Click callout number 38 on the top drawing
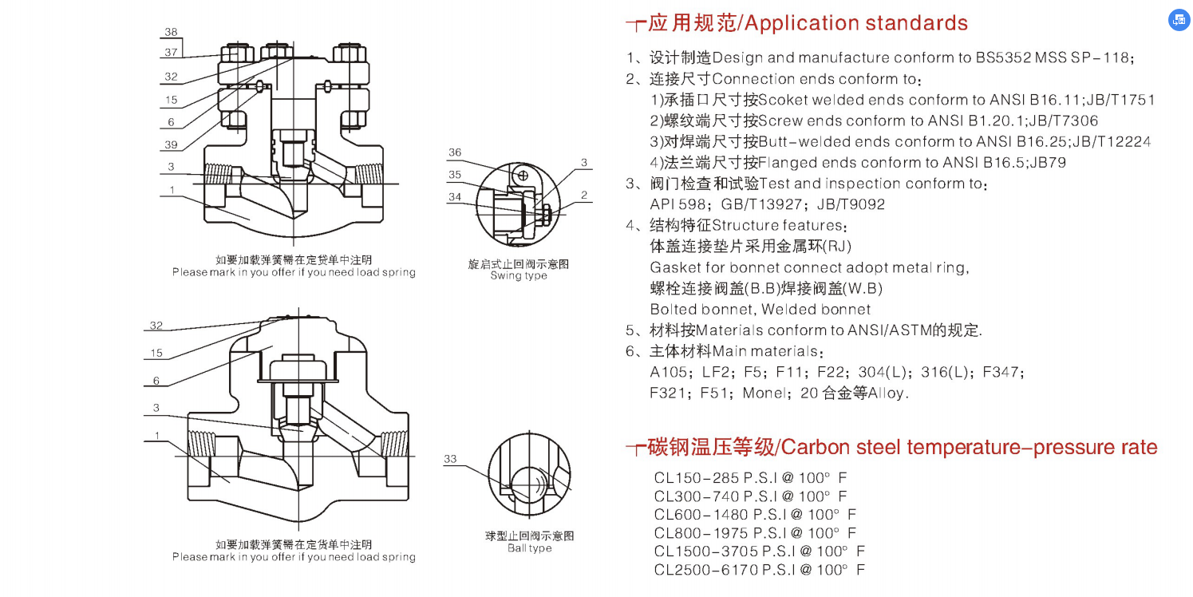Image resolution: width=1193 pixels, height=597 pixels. pyautogui.click(x=171, y=32)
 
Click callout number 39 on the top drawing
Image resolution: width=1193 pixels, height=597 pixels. pyautogui.click(x=171, y=144)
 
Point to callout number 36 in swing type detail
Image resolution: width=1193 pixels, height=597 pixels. pyautogui.click(x=454, y=152)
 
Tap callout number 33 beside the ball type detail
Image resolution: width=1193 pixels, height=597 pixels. pyautogui.click(x=450, y=459)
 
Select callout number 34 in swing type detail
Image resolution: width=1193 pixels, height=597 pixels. pyautogui.click(x=454, y=196)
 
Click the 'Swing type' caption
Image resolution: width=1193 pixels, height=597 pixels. pyautogui.click(x=519, y=276)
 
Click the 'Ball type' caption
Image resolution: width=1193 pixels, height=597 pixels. pyautogui.click(x=529, y=548)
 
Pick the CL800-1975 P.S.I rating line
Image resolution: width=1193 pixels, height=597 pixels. pyautogui.click(x=754, y=532)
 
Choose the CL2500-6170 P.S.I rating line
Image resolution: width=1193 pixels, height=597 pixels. pyautogui.click(x=758, y=569)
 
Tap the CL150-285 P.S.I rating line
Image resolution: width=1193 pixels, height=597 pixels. pyautogui.click(x=750, y=478)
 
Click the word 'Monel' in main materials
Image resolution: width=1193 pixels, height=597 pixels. pyautogui.click(x=764, y=393)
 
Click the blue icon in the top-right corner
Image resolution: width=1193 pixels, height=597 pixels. pyautogui.click(x=1179, y=21)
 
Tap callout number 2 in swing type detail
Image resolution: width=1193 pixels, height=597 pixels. pyautogui.click(x=584, y=195)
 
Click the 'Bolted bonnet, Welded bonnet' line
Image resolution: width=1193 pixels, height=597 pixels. pyautogui.click(x=760, y=309)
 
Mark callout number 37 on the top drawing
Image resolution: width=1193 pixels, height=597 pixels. pyautogui.click(x=171, y=52)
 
